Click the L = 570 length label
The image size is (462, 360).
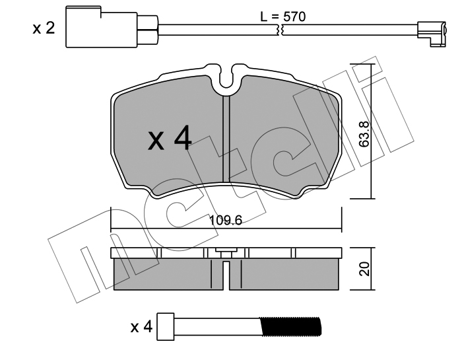pyautogui.click(x=283, y=17)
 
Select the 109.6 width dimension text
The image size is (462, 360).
pyautogui.click(x=226, y=220)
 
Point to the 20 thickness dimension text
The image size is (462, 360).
pyautogui.click(x=365, y=269)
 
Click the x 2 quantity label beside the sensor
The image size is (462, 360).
pyautogui.click(x=44, y=28)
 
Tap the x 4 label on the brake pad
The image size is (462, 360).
pyautogui.click(x=170, y=138)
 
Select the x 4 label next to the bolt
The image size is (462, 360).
pyautogui.click(x=141, y=327)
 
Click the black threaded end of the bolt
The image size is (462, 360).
pyautogui.click(x=290, y=327)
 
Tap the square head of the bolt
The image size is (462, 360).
pyautogui.click(x=166, y=327)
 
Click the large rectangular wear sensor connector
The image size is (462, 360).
pyautogui.click(x=102, y=27)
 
